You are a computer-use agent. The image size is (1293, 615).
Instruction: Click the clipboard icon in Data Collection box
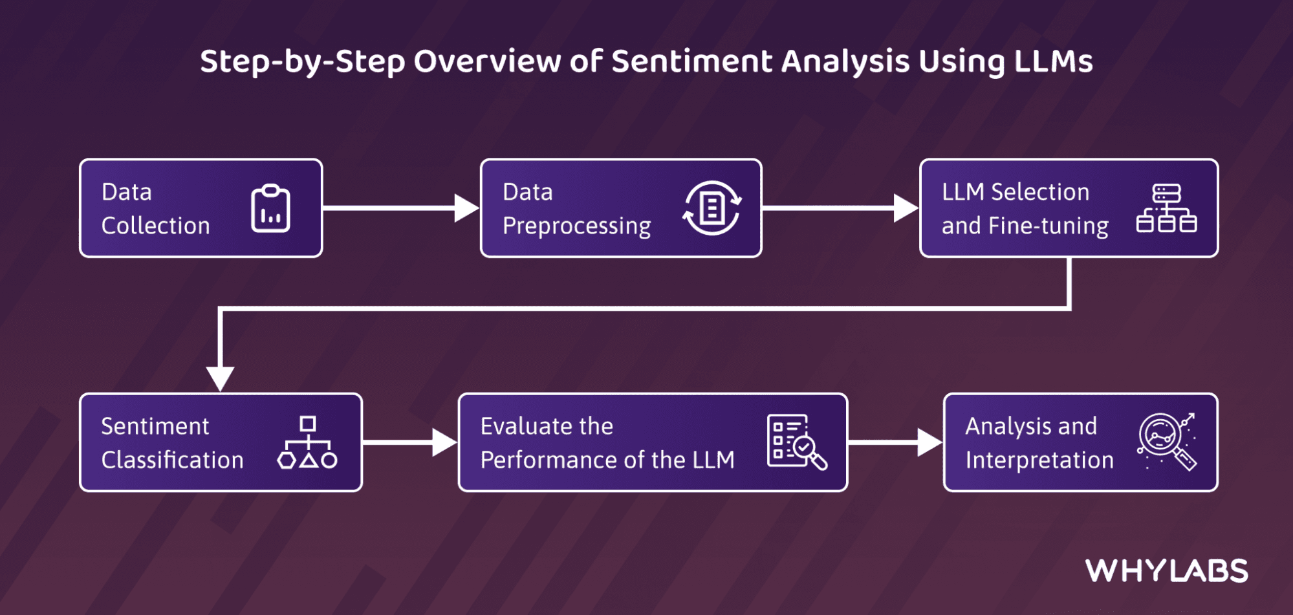point(270,208)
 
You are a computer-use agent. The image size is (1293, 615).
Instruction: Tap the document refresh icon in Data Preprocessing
point(712,208)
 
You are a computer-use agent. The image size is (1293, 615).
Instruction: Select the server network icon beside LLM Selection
point(1166,208)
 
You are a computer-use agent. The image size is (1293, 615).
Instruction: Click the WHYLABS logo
point(1167,571)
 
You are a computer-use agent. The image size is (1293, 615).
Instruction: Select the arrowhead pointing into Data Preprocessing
point(466,208)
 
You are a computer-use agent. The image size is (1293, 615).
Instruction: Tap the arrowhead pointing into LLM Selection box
point(906,208)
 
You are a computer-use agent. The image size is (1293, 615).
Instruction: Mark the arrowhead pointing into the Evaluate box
point(444,442)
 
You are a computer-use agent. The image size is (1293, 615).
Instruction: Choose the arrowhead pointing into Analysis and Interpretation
point(930,442)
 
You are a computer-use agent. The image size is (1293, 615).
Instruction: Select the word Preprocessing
point(576,226)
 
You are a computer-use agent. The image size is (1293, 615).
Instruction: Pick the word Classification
point(172,460)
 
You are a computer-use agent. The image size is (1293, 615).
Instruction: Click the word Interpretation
point(1039,460)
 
